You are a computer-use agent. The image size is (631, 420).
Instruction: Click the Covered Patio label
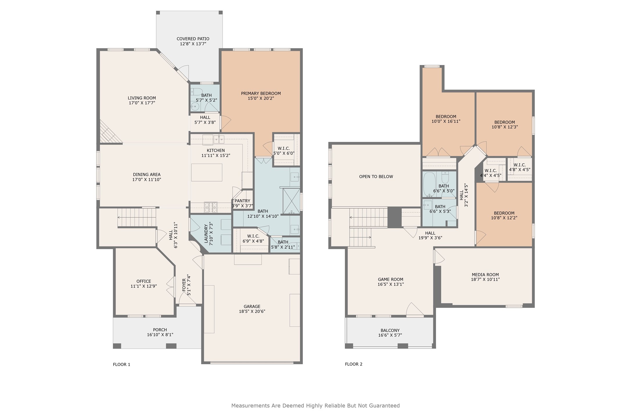click(193, 39)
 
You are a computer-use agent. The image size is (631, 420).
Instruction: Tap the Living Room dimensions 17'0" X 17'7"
click(142, 103)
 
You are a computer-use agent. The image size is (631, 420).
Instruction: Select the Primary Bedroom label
click(261, 93)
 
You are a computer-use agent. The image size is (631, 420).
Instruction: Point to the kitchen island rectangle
click(207, 172)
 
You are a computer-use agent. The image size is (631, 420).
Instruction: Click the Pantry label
click(242, 201)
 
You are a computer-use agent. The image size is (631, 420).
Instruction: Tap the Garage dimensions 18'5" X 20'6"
click(252, 312)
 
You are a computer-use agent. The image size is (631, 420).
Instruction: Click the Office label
click(144, 281)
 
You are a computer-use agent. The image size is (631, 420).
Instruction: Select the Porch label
click(160, 330)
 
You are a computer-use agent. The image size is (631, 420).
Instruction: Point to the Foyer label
click(184, 285)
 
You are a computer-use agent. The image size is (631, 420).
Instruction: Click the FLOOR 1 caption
click(122, 365)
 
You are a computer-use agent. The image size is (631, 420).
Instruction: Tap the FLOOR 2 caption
click(354, 364)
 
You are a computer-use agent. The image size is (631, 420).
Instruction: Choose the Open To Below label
click(376, 177)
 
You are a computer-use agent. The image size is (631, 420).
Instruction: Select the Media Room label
click(485, 275)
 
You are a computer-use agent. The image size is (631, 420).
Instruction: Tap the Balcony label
click(390, 330)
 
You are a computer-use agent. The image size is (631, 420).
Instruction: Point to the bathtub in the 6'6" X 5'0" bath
click(429, 185)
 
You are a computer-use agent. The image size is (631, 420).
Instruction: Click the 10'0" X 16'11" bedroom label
click(446, 117)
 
